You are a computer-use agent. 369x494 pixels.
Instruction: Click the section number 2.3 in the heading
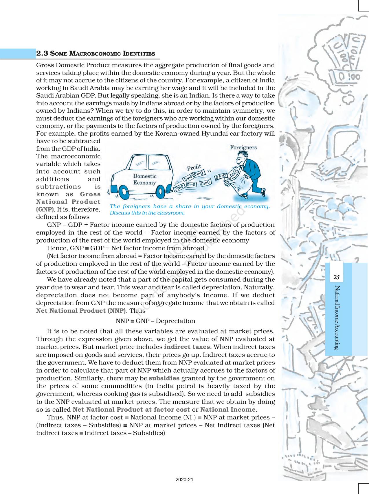click(42, 53)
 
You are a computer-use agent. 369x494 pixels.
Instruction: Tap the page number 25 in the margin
click(336, 277)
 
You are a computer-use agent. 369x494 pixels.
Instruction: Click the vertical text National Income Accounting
click(337, 318)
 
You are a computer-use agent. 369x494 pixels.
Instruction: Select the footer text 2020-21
click(184, 480)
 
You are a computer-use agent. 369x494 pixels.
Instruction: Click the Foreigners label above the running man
click(243, 147)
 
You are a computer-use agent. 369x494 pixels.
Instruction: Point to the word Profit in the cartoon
click(194, 168)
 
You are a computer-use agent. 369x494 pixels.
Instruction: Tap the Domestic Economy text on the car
click(144, 179)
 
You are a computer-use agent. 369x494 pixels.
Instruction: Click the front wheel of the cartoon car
click(124, 192)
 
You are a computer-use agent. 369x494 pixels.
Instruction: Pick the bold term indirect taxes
click(187, 347)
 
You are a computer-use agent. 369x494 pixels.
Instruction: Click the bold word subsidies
click(164, 378)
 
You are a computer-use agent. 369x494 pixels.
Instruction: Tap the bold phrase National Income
click(228, 410)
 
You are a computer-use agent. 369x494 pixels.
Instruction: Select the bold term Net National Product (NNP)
click(81, 311)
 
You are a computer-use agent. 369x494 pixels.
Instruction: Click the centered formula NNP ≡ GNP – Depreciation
click(155, 321)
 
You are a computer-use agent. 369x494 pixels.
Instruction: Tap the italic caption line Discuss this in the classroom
click(147, 213)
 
